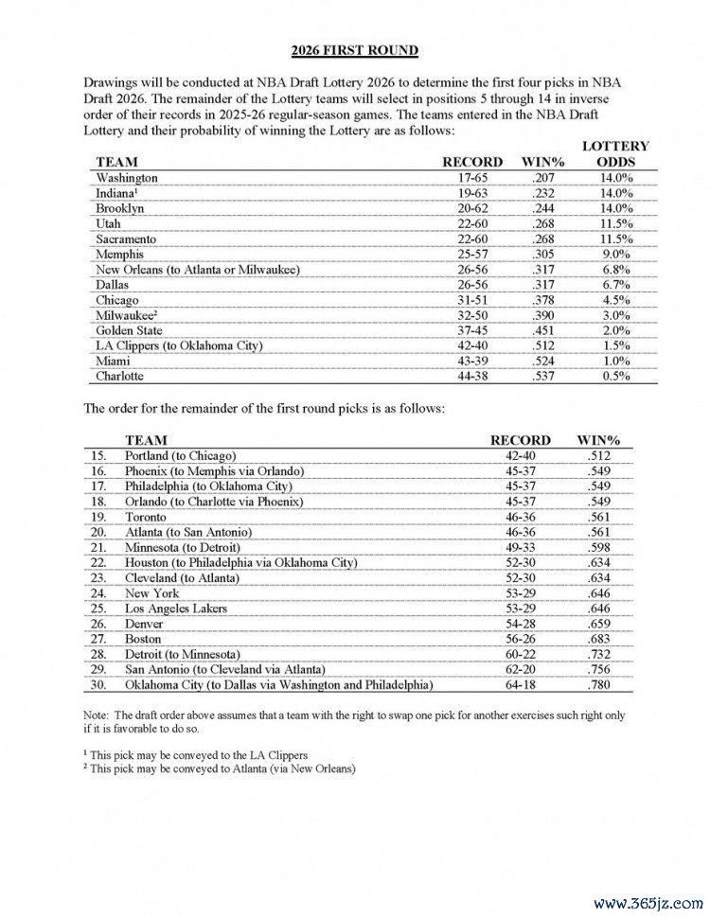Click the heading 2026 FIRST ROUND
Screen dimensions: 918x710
coord(355,50)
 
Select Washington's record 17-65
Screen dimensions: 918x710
coord(471,178)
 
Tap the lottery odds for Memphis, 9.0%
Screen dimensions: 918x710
coord(614,255)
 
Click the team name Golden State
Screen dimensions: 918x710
coord(130,331)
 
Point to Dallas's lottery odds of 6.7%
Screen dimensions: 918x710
coord(614,285)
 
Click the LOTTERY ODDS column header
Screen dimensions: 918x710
coord(614,154)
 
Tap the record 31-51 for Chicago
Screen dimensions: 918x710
coord(471,300)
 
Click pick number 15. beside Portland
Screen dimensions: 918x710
coord(98,456)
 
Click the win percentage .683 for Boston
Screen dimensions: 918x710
coord(597,639)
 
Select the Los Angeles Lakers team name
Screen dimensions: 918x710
coord(176,609)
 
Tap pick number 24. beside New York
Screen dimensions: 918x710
coord(98,593)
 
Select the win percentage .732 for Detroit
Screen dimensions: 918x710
coord(597,654)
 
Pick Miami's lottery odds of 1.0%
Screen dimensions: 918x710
coord(614,362)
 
